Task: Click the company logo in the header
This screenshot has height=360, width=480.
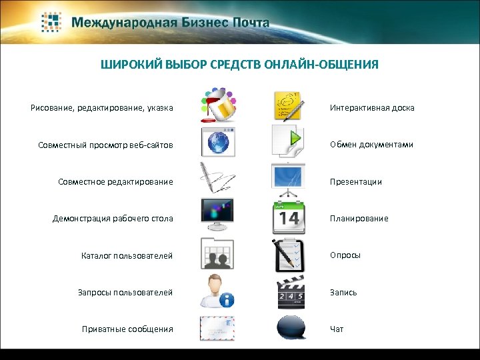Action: [52, 22]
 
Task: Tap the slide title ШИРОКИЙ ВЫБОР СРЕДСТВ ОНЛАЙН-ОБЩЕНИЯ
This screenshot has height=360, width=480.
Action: [239, 65]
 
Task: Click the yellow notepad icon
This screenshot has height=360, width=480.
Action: [289, 106]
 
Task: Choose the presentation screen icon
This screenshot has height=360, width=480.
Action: [289, 179]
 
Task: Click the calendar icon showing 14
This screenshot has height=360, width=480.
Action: [289, 217]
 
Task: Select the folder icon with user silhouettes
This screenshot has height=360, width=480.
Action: [217, 254]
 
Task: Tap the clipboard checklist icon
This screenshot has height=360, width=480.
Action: [289, 254]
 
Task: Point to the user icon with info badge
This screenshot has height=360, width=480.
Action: [217, 291]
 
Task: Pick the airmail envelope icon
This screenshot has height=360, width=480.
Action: [217, 328]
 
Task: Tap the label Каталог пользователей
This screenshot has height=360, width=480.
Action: [127, 255]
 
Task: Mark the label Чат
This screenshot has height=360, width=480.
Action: [337, 329]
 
